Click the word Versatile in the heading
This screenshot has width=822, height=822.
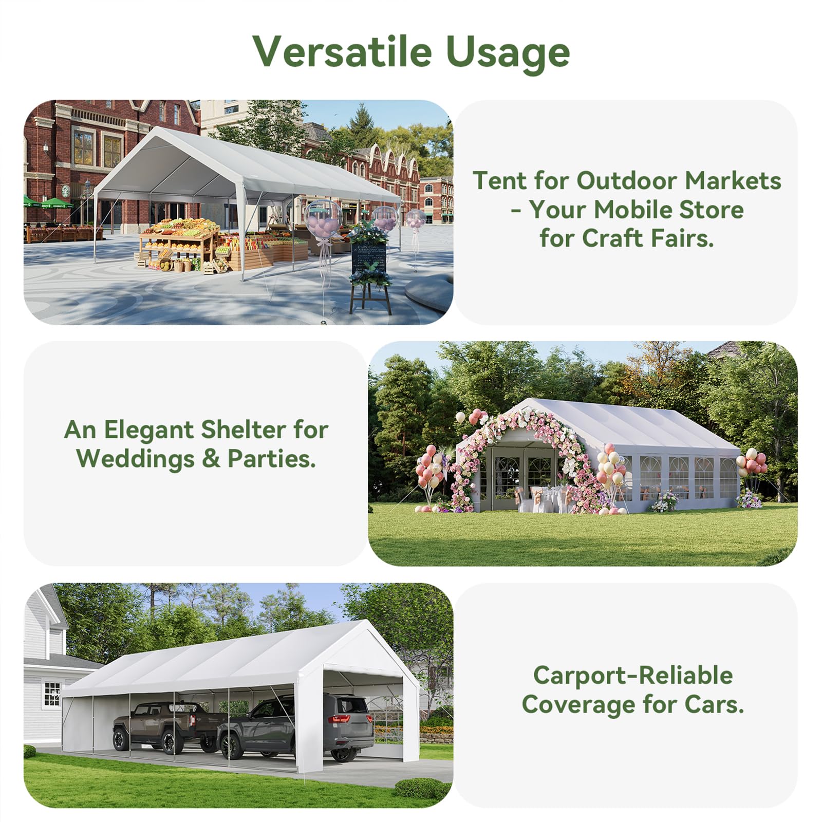(342, 52)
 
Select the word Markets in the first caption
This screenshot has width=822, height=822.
(733, 181)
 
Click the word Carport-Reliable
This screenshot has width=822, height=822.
(633, 676)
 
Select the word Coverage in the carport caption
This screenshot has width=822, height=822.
(578, 705)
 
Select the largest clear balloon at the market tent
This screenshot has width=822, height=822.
(323, 219)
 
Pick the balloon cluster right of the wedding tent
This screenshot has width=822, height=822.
(751, 462)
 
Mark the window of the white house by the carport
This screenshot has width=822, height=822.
(52, 694)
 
